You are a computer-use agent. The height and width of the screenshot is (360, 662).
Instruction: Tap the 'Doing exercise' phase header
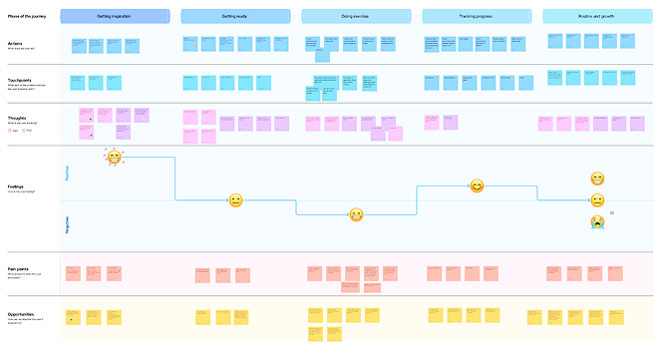pos(356,17)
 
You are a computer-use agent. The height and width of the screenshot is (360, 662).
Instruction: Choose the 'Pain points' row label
pos(18,268)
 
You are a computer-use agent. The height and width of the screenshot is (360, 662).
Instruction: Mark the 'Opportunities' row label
pos(21,312)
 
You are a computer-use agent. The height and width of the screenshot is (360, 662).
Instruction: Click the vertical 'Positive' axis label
pos(68,174)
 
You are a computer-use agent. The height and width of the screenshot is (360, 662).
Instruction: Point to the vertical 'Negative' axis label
pos(68,223)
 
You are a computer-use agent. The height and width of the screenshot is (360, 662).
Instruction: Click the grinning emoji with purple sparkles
pos(114,157)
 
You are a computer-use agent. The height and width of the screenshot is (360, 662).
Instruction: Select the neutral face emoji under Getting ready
pos(235,200)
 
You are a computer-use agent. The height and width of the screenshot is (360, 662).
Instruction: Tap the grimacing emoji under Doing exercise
pos(356,214)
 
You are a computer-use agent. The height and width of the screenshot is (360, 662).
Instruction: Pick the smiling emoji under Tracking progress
pos(477,186)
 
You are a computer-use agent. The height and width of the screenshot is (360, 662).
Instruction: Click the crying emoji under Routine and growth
pos(597,221)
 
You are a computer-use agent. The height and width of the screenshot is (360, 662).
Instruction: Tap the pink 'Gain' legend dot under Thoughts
pos(9,131)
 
